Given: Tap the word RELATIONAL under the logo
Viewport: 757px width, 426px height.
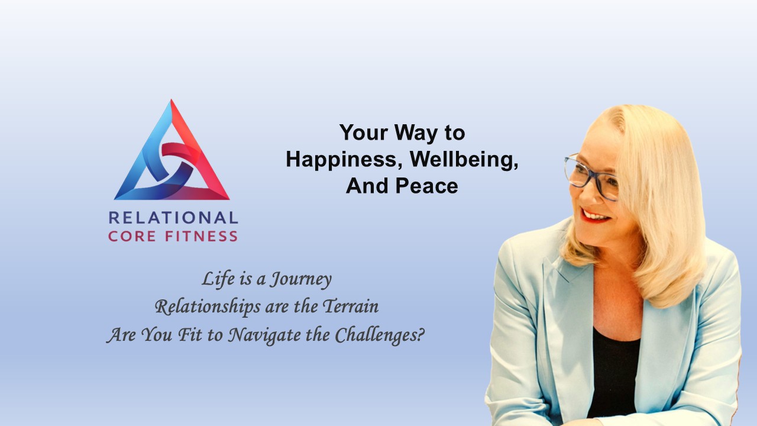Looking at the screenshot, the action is pos(173,218).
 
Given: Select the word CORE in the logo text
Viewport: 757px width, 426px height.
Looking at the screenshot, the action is pos(132,236).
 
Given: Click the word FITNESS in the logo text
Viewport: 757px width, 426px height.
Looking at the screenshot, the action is pos(202,236).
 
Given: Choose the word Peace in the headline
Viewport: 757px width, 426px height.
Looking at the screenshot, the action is pos(427,186).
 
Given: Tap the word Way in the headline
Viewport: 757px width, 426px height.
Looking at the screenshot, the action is pos(416,133).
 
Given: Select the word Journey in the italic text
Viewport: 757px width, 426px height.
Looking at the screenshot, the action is pos(300,280).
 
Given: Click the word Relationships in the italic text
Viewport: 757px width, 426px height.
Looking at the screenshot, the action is pos(208,307).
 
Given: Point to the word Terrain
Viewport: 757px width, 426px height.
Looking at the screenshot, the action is pos(351,306).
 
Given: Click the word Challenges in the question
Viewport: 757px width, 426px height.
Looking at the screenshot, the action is pos(380,335).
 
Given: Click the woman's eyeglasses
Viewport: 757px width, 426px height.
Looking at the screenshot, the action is pos(591,177).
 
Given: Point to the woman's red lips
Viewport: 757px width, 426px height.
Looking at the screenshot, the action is pos(595,216).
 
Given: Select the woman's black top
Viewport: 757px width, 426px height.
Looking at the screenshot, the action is pos(613,372).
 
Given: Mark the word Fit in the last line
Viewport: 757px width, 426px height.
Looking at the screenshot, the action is pos(190,335).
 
